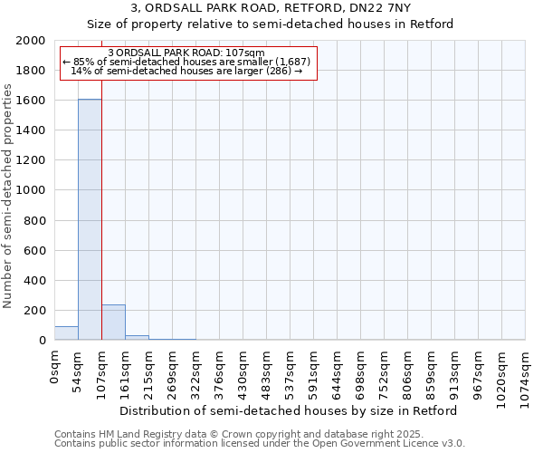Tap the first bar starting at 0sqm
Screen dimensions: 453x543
pos(66,333)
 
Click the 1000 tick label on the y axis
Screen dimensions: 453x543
pos(33,190)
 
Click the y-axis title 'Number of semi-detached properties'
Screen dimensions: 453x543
pos(8,196)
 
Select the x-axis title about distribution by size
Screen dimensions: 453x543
pos(290,410)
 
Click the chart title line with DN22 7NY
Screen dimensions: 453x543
pos(271,8)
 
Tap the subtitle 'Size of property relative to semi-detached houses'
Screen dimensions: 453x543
pos(271,24)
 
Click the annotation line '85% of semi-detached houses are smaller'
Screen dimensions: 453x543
pos(186,62)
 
